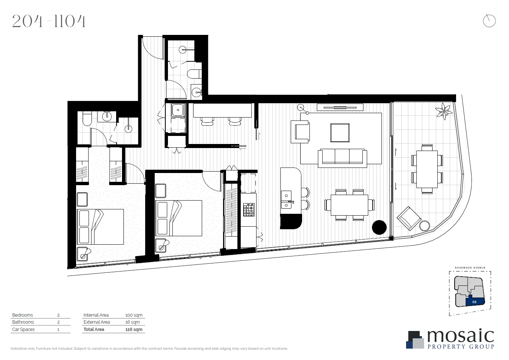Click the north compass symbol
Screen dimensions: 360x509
tap(489, 21)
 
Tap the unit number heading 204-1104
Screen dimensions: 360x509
tap(49, 21)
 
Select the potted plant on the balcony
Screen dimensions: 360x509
tap(444, 111)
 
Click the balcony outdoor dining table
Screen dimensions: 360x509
tap(427, 169)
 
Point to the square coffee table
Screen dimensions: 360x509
tap(340, 133)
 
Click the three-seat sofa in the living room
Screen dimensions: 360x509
tap(342, 157)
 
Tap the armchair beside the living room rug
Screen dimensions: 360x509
tap(301, 132)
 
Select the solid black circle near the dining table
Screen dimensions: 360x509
tap(379, 227)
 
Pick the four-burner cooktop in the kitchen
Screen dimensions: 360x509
tap(249, 210)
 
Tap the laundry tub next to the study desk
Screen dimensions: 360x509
tap(178, 110)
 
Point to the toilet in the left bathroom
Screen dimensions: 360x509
tap(87, 119)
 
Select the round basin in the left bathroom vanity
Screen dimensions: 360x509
tap(107, 117)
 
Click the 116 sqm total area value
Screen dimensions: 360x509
tap(134, 330)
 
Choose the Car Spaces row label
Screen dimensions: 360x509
tap(24, 330)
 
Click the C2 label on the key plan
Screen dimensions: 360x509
tap(474, 302)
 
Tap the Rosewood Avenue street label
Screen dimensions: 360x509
tap(470, 268)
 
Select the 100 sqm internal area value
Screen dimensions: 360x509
tap(134, 315)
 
